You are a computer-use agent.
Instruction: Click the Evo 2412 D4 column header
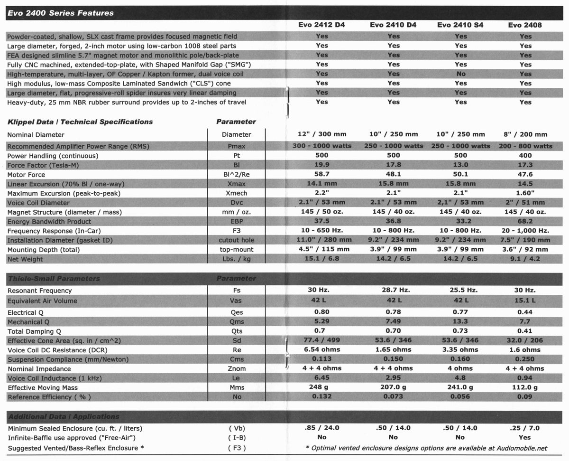321,25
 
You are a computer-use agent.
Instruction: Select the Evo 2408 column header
525,25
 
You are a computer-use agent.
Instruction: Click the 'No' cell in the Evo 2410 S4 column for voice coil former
460,74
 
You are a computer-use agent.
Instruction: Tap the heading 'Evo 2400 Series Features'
60,13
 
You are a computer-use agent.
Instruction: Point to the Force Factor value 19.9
321,165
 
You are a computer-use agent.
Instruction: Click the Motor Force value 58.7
321,174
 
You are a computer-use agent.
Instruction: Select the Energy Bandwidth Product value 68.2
525,221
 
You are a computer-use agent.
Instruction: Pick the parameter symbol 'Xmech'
237,193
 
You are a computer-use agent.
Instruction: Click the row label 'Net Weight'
25,259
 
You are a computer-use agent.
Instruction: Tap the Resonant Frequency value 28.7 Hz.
393,290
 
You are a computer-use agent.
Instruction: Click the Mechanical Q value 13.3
460,322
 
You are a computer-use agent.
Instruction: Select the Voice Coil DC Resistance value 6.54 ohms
321,349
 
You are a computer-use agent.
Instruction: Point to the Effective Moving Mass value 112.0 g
525,387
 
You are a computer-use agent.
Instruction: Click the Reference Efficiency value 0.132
321,396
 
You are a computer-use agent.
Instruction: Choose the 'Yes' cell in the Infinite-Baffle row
525,437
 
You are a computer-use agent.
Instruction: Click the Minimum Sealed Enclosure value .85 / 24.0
321,428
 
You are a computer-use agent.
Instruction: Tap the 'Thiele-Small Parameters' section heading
53,278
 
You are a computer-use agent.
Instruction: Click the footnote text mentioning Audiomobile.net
426,448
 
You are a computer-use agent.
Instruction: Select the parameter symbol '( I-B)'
237,438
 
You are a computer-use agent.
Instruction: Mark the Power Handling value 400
525,155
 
